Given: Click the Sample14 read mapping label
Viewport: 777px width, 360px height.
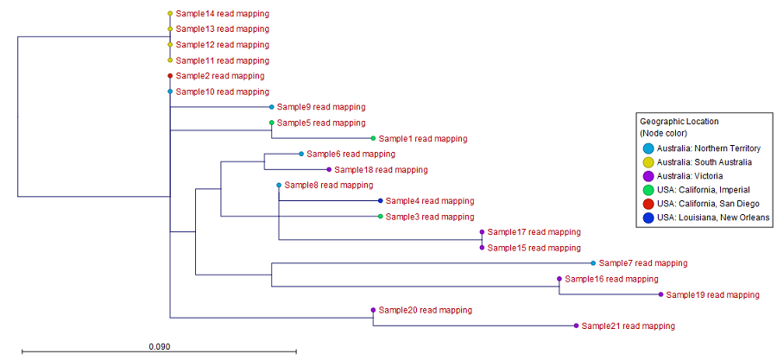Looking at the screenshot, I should tap(222, 14).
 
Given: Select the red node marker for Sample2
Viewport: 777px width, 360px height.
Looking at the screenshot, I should tap(170, 76).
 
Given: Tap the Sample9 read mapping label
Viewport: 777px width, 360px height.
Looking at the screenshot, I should tap(320, 107).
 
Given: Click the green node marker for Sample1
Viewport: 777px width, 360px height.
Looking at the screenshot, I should tap(373, 138).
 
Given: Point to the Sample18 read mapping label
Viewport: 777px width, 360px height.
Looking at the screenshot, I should tap(382, 170).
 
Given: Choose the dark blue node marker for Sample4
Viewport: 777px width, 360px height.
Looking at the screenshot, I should tap(380, 200).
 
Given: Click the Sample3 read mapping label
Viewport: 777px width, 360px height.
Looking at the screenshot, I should tap(429, 217).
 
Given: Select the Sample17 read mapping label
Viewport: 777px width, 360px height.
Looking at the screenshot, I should tap(534, 232).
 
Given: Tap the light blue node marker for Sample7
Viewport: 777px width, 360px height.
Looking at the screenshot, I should tap(592, 263).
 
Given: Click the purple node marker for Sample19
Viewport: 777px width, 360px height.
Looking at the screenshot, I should tap(661, 294).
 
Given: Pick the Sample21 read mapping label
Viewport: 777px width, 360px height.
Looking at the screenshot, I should tap(628, 326).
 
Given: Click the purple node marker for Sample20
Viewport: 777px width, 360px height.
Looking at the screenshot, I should tap(373, 310).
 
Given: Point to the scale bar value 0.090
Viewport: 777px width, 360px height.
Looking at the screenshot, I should tap(159, 346).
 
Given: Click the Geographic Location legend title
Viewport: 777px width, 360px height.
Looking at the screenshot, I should tap(679, 121).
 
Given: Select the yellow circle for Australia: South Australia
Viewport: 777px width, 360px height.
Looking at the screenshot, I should tap(647, 162).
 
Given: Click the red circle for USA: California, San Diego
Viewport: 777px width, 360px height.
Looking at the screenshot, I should tap(647, 204).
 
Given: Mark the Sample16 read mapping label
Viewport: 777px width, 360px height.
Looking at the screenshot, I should tap(611, 279).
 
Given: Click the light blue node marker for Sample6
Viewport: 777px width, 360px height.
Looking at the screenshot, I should tap(300, 154).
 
